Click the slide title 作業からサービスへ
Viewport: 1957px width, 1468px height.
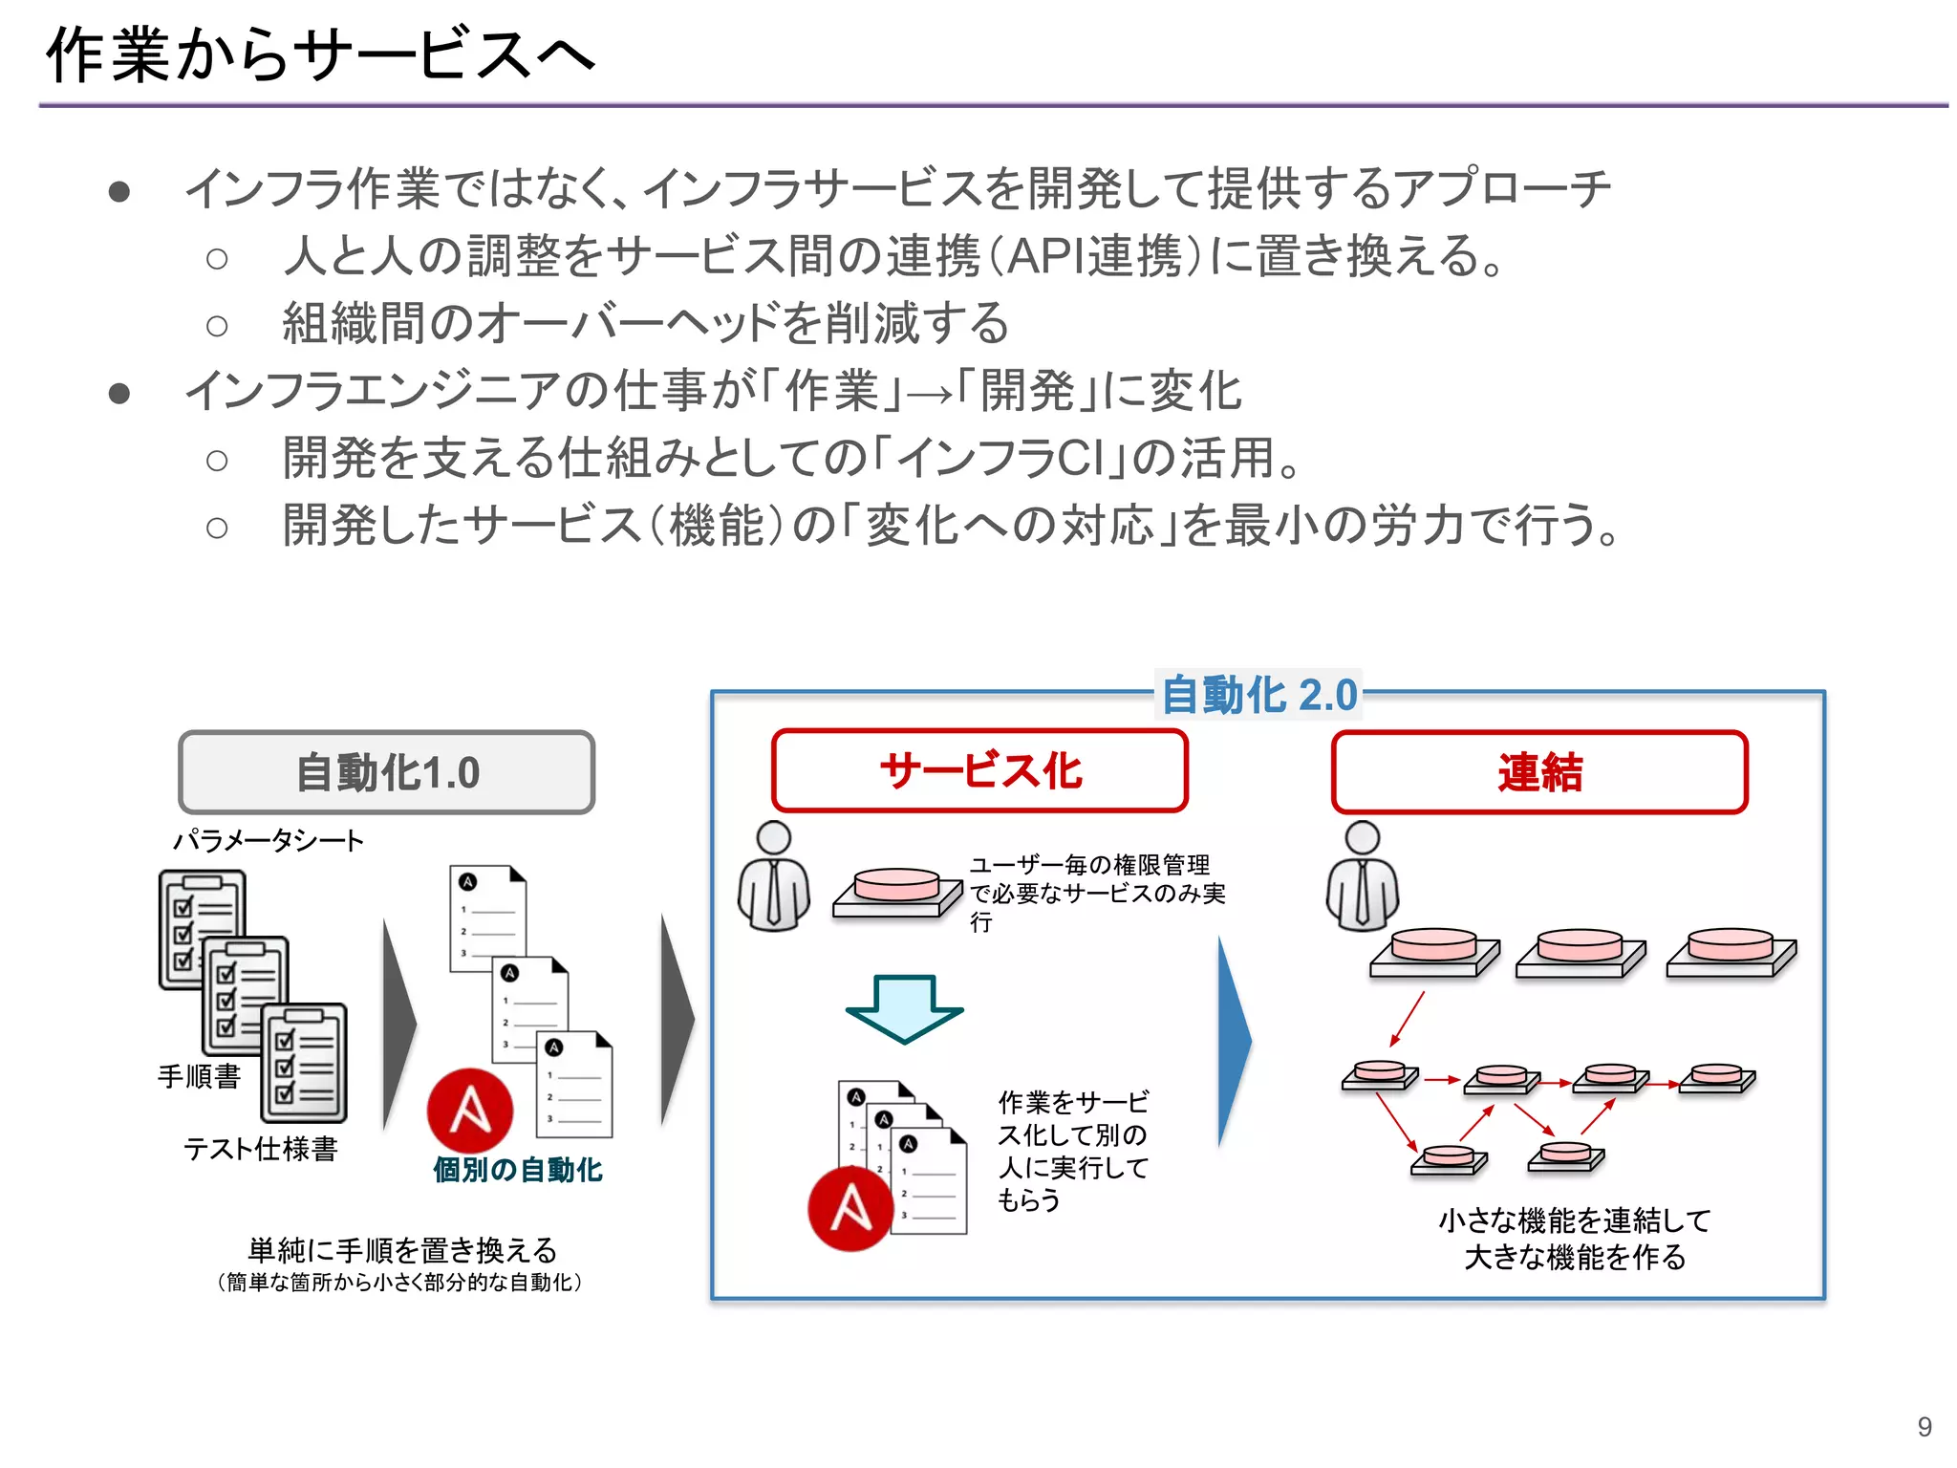320,54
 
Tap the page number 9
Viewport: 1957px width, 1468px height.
1925,1427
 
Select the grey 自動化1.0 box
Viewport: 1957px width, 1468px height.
387,772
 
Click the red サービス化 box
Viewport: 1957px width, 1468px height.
979,770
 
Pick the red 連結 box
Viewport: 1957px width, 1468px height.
1539,772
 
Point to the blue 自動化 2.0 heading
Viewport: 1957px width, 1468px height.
1258,695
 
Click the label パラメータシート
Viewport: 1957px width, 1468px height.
269,841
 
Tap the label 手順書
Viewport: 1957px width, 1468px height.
199,1076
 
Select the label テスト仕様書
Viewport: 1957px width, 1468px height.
261,1148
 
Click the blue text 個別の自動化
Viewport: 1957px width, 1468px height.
517,1170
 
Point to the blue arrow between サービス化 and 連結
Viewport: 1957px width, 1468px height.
1235,1042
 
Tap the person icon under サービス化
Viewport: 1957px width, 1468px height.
774,876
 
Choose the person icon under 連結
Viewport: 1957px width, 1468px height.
1363,876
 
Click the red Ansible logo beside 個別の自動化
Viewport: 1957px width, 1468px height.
470,1111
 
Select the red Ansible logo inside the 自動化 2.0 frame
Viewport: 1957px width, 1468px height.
850,1208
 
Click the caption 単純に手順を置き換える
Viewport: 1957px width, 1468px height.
402,1250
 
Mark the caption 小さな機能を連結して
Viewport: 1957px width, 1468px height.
1574,1220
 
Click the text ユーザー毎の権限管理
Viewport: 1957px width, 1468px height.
1089,865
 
